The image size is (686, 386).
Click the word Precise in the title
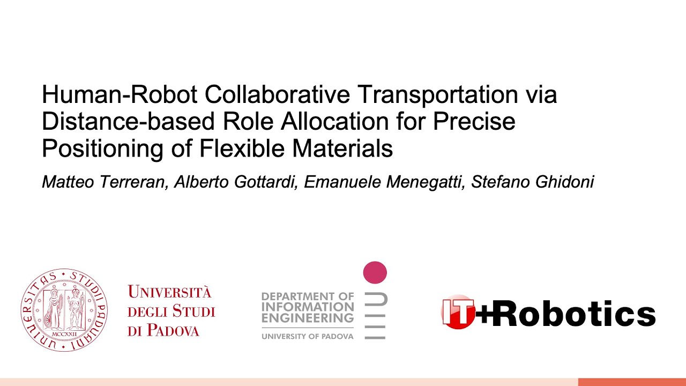pyautogui.click(x=474, y=122)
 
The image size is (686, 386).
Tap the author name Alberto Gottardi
pyautogui.click(x=236, y=182)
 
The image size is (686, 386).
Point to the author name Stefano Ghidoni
pyautogui.click(x=532, y=182)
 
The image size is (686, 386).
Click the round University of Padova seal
pyautogui.click(x=64, y=310)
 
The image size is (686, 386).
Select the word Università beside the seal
pyautogui.click(x=169, y=293)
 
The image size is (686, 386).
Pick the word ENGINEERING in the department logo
pyautogui.click(x=308, y=318)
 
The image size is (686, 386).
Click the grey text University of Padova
pyautogui.click(x=308, y=336)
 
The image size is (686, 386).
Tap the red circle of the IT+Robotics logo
pyautogui.click(x=457, y=311)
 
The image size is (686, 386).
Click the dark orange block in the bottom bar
pyautogui.click(x=632, y=382)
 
